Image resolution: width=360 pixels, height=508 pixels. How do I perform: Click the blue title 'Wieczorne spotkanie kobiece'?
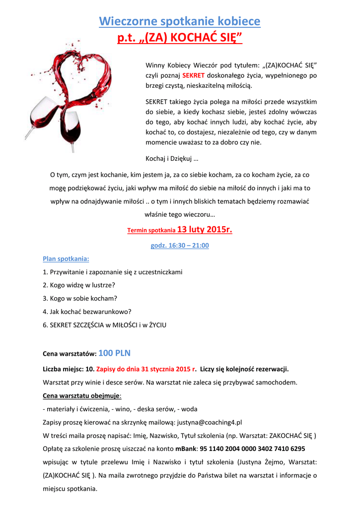pos(180,21)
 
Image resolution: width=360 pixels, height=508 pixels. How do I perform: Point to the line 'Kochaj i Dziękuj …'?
pos(172,159)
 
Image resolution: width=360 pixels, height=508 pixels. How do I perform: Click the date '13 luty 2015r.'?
pos(205,230)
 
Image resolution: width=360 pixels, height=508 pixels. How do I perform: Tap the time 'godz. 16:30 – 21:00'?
pos(180,246)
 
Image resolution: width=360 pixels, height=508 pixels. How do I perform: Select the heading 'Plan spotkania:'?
pos(66,259)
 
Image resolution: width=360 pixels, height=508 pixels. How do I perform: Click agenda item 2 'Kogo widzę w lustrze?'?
pos(79,285)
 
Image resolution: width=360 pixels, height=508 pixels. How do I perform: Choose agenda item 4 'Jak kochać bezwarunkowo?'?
pos(87,312)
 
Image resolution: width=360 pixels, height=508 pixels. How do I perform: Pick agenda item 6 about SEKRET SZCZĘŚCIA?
pos(105,325)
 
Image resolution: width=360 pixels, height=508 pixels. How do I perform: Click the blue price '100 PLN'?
pos(115,353)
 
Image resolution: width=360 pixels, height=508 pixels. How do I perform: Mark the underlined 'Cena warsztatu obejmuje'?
pos(82,396)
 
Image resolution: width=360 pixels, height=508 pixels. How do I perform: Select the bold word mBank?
pos(185,449)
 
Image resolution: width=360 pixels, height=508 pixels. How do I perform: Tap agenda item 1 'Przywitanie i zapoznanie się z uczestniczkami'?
pos(113,272)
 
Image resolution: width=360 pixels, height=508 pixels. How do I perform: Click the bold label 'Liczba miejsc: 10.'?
pos(69,369)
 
